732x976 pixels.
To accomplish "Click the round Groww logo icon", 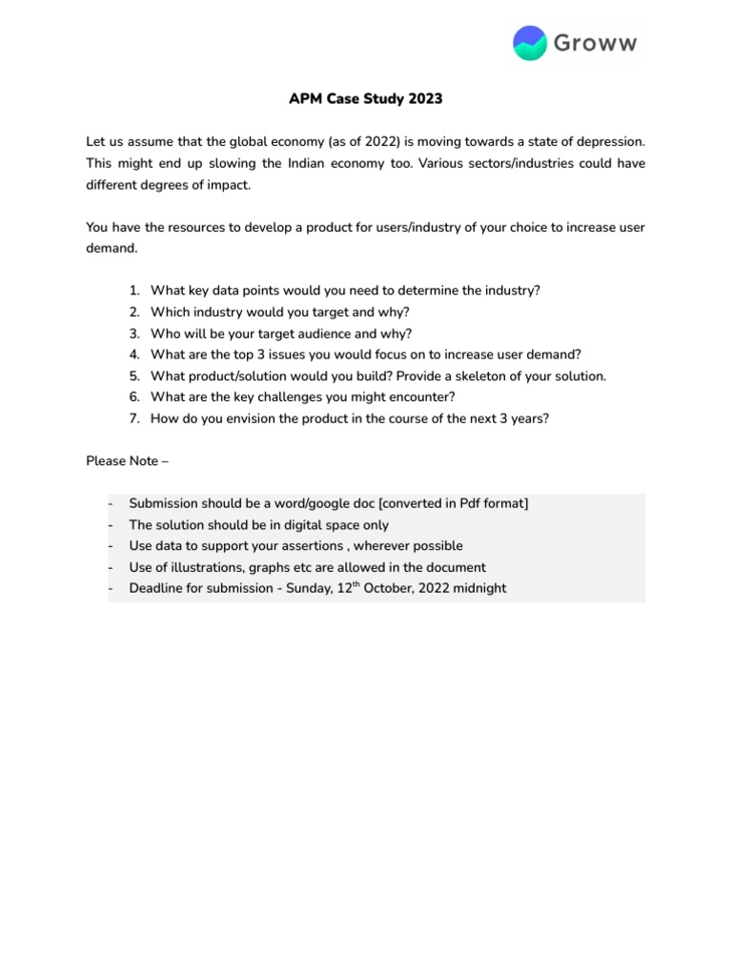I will coord(530,43).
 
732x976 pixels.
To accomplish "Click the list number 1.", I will coord(133,291).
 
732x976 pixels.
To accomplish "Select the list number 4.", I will coord(133,355).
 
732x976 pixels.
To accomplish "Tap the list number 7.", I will coord(133,418).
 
